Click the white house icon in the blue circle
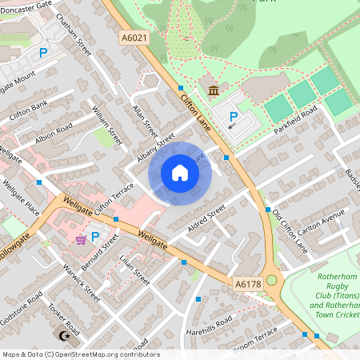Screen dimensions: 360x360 coord(180,173)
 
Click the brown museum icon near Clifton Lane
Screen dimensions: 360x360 coord(213,90)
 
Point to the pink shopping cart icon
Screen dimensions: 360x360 coord(81,239)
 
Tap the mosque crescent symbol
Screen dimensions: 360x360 coord(56,336)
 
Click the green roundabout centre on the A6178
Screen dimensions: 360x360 coord(271,281)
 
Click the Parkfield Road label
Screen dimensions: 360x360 coord(295,118)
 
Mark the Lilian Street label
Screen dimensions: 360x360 coord(134,270)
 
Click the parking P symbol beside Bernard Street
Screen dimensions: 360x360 coord(95,237)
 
